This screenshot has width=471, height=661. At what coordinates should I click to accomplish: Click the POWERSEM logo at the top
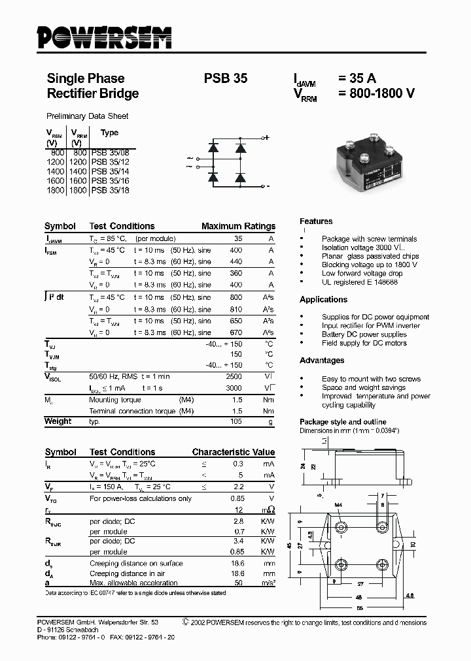(x=104, y=37)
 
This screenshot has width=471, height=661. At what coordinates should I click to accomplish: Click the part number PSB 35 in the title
(x=226, y=78)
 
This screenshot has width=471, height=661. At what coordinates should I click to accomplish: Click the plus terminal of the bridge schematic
(x=266, y=138)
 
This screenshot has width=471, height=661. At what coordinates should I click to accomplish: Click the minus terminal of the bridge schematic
(x=267, y=186)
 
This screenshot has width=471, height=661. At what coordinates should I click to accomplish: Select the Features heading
(x=316, y=221)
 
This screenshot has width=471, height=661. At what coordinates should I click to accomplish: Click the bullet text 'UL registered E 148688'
(x=359, y=282)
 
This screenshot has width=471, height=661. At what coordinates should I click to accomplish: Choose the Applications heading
(x=323, y=299)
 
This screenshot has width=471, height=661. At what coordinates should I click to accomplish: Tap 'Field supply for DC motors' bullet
(x=364, y=343)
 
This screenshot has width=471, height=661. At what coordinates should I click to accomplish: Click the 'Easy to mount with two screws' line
(x=371, y=379)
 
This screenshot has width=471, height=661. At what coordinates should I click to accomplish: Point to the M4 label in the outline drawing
(x=338, y=505)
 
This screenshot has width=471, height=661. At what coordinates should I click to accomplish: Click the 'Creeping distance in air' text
(x=126, y=573)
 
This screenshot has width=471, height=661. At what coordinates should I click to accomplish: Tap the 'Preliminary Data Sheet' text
(x=88, y=116)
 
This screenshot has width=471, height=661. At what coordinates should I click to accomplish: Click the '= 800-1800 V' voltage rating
(x=376, y=93)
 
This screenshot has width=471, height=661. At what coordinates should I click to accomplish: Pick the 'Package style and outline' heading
(x=343, y=422)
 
